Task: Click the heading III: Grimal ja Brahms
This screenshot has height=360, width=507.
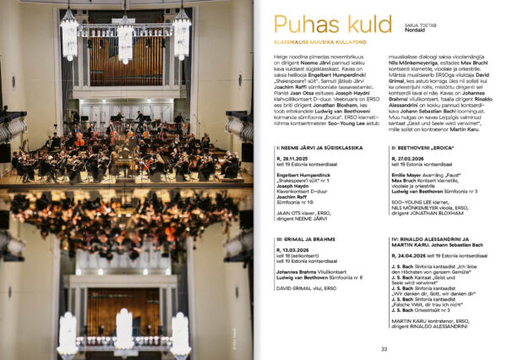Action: (299, 239)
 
